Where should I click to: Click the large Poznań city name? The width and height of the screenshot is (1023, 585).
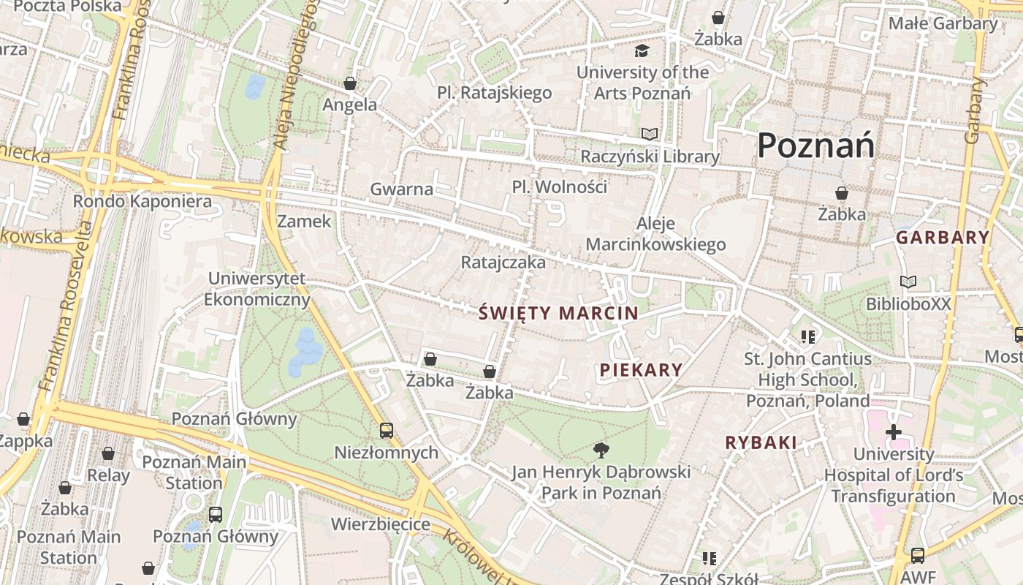815,145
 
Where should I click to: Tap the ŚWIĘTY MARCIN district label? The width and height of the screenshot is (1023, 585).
559,314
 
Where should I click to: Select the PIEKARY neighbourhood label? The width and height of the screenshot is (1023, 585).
641,370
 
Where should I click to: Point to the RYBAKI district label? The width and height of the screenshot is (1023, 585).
761,442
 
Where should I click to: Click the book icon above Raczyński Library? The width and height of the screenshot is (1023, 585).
649,134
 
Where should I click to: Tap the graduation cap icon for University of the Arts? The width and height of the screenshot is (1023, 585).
642,50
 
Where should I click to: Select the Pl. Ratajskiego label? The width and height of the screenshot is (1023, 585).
495,93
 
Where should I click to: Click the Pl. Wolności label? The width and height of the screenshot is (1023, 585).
560,186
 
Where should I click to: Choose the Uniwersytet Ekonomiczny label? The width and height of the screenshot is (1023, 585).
256,289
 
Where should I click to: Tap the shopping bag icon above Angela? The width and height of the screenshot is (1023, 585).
350,83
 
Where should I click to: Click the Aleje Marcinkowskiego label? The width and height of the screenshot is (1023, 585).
655,234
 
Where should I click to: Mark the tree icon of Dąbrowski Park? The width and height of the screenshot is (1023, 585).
601,450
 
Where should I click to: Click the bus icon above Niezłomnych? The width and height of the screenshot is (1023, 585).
387,431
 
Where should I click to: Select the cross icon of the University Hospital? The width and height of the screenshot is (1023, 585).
893,432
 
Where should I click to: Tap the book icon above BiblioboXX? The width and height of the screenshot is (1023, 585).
908,282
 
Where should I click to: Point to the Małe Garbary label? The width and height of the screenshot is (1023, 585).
943,23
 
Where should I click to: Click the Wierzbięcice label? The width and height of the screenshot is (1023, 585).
381,524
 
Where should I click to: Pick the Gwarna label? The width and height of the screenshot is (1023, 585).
401,189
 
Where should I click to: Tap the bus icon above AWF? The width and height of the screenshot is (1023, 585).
918,556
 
